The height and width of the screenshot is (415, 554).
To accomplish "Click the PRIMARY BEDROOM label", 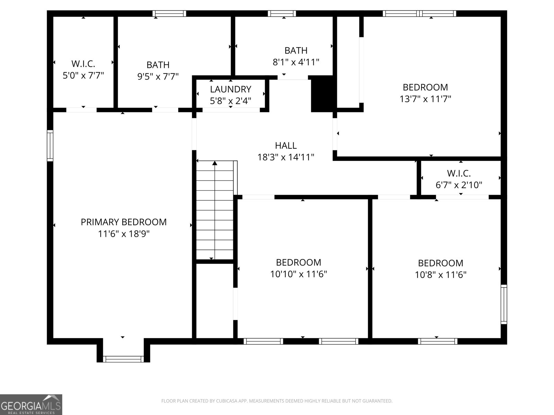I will coord(124,222).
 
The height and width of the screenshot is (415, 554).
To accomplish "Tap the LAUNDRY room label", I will coord(231,89).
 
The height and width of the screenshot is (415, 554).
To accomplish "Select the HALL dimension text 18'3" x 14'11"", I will coord(286,157).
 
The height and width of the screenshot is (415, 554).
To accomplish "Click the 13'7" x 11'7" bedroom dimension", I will coord(425,99).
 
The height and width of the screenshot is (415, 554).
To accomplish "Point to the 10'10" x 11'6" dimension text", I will coord(298,274).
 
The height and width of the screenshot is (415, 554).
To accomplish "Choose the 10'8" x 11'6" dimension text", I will coord(440,275).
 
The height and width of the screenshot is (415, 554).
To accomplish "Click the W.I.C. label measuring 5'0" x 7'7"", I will coord(83,64).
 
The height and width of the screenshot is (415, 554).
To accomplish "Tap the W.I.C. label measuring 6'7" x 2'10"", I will coord(458,173).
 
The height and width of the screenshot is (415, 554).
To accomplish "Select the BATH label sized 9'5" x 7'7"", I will coord(158,65).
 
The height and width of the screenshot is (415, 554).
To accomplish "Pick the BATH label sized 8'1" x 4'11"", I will coord(296,50).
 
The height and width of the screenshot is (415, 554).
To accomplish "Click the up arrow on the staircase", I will coord(215,163).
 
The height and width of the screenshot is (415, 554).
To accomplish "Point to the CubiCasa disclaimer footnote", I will coord(277,401).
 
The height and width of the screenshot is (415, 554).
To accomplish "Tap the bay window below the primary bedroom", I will coord(124,359).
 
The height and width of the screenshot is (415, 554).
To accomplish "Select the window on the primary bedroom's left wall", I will coord(50,146).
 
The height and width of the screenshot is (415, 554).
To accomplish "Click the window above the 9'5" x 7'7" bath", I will coord(169,14).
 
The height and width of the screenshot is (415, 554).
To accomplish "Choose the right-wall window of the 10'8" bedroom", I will coord(504,304).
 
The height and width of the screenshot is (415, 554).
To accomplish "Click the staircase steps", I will coord(215,214).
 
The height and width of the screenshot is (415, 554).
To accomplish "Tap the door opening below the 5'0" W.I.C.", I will coord(81,110).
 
